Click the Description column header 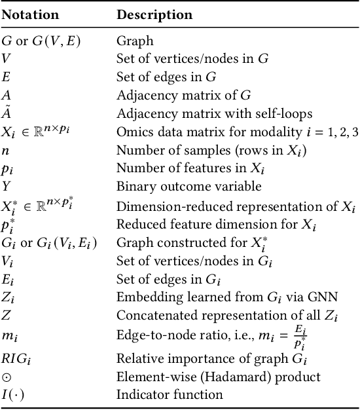154,14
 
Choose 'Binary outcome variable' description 180,187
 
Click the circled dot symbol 7,377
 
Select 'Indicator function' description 170,395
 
